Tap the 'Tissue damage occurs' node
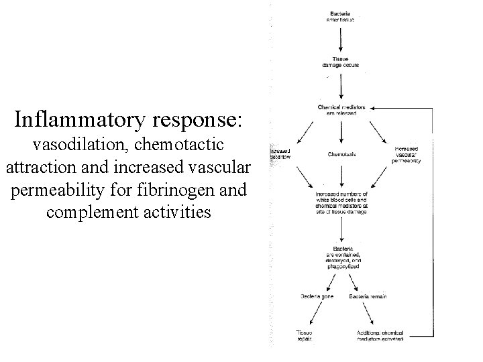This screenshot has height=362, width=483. pos(342,62)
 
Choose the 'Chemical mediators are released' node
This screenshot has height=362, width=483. pos(342,110)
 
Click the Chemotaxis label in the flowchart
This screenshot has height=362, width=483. pos(342,154)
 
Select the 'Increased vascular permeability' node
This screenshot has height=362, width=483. pos(407,155)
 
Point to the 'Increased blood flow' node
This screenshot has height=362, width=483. pos(280,155)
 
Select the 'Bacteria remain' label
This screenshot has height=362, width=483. pos(368,296)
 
